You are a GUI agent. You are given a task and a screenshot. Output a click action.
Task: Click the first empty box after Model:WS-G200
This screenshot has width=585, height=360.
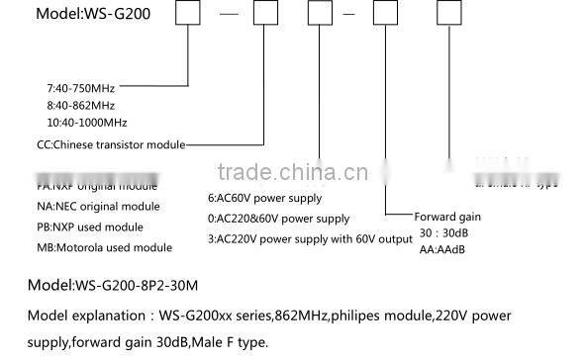189,16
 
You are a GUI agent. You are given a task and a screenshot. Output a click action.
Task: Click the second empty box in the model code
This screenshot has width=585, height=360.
265,16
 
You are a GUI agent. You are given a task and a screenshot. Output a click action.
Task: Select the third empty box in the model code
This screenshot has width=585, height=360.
322,16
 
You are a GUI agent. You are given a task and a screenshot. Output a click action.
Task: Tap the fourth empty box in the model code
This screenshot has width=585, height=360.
385,16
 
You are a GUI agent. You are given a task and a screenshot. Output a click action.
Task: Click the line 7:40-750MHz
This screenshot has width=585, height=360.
80,87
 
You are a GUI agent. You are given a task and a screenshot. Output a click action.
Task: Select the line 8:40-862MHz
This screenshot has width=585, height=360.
80,104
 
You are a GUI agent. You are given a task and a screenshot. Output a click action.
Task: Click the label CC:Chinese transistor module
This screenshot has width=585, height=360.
110,144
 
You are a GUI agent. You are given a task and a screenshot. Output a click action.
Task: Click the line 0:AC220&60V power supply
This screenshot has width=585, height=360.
278,218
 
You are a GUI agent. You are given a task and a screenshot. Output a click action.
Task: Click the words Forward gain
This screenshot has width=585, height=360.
448,217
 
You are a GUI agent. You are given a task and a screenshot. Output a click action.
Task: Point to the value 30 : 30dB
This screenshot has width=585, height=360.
441,232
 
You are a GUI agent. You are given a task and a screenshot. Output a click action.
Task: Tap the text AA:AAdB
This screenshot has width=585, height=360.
439,249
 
